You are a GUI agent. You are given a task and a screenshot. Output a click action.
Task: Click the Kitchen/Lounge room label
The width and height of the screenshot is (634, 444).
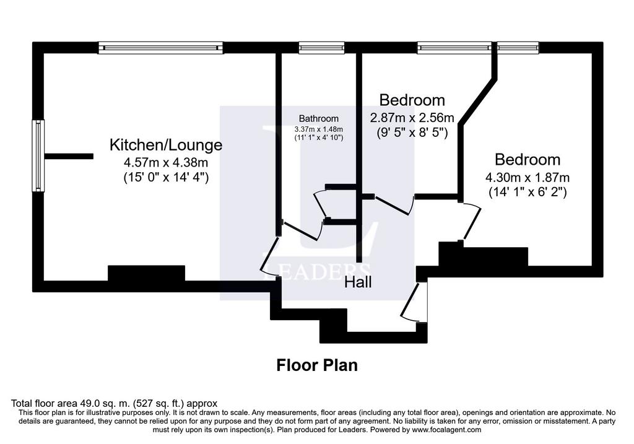pos(166,145)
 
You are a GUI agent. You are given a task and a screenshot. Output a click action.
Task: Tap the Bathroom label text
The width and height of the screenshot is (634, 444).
pos(319,118)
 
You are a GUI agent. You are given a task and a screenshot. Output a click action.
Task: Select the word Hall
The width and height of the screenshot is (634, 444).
pos(358,282)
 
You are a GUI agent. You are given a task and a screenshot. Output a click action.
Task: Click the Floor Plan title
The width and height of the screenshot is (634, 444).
pos(317,365)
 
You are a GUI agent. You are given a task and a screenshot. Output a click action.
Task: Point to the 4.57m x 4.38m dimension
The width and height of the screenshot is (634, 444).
pos(166,163)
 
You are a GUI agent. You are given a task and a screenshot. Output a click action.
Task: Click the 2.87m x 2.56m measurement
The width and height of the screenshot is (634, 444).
pos(412,118)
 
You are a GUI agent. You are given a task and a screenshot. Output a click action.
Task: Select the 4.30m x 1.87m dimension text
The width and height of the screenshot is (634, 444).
pos(528,177)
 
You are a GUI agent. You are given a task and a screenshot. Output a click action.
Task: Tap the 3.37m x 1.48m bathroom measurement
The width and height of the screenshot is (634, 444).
pos(319,129)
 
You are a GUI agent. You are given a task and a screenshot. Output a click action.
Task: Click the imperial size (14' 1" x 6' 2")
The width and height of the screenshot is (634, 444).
pos(528,191)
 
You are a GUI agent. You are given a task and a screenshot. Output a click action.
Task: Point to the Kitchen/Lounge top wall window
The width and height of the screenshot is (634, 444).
pos(161,48)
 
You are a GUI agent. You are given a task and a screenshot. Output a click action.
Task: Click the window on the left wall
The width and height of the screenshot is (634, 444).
pos(38,155)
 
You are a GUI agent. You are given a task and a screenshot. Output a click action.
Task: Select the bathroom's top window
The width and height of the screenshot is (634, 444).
pos(321,48)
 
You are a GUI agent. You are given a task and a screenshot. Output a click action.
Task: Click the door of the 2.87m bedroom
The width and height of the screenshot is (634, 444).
pos(393,205)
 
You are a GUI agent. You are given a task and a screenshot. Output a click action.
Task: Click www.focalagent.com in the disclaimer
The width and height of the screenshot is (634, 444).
pos(447,430)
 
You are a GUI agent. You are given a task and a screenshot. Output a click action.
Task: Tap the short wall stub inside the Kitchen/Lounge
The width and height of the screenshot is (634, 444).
pos(69,156)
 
